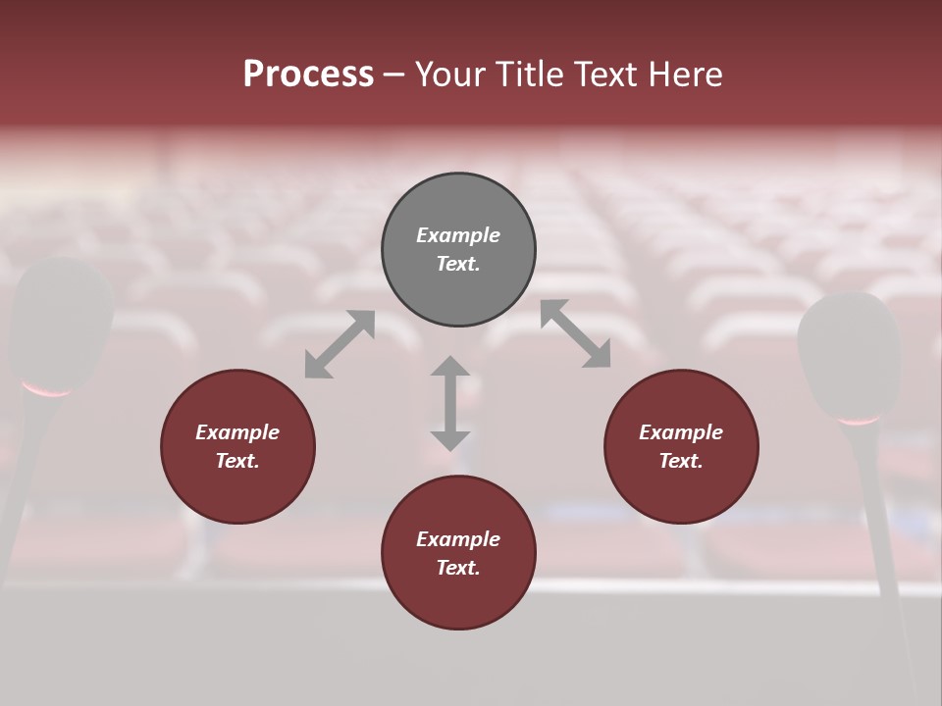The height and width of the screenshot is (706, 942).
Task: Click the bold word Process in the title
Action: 308,75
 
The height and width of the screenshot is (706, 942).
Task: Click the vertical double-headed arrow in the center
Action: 450,403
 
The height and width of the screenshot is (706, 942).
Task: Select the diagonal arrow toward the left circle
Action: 340,343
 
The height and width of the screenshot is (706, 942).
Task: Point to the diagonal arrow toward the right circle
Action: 576,333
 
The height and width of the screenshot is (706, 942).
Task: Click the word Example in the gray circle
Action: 458,235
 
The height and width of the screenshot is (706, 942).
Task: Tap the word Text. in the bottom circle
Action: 458,568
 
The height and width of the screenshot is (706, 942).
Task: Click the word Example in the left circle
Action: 237,432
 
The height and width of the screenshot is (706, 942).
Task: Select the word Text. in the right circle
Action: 681,461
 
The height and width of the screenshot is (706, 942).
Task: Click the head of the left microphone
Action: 61,319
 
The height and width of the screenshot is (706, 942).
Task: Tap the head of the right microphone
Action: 850,353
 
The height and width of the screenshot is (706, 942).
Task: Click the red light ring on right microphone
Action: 859,421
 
